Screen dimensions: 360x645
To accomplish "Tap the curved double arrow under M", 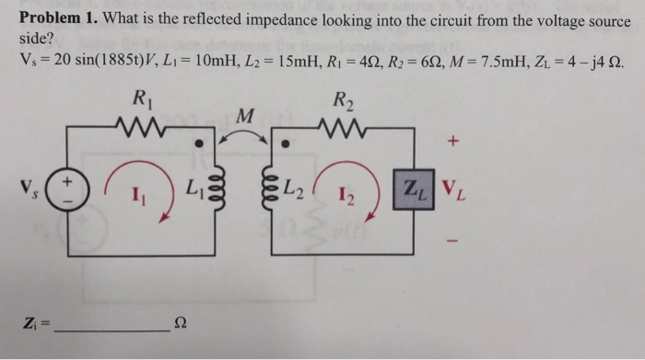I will pos(245,135).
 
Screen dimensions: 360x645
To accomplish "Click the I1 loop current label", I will pos(136,196).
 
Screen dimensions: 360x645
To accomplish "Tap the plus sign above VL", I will pos(452,144).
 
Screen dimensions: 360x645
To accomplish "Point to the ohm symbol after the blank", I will pos(181,319).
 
